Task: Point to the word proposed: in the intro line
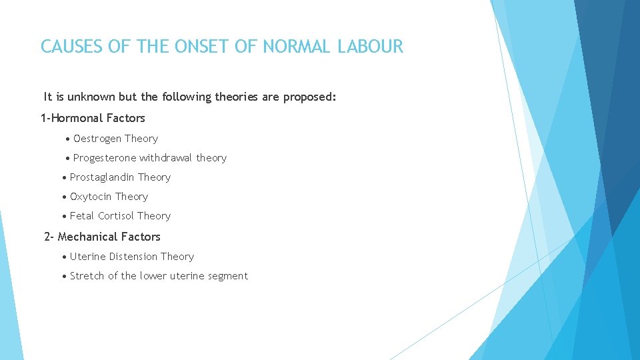(310, 97)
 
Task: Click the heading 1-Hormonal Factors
(93, 118)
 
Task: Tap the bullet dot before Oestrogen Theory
(69, 139)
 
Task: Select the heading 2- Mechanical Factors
(102, 237)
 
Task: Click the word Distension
(132, 257)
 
